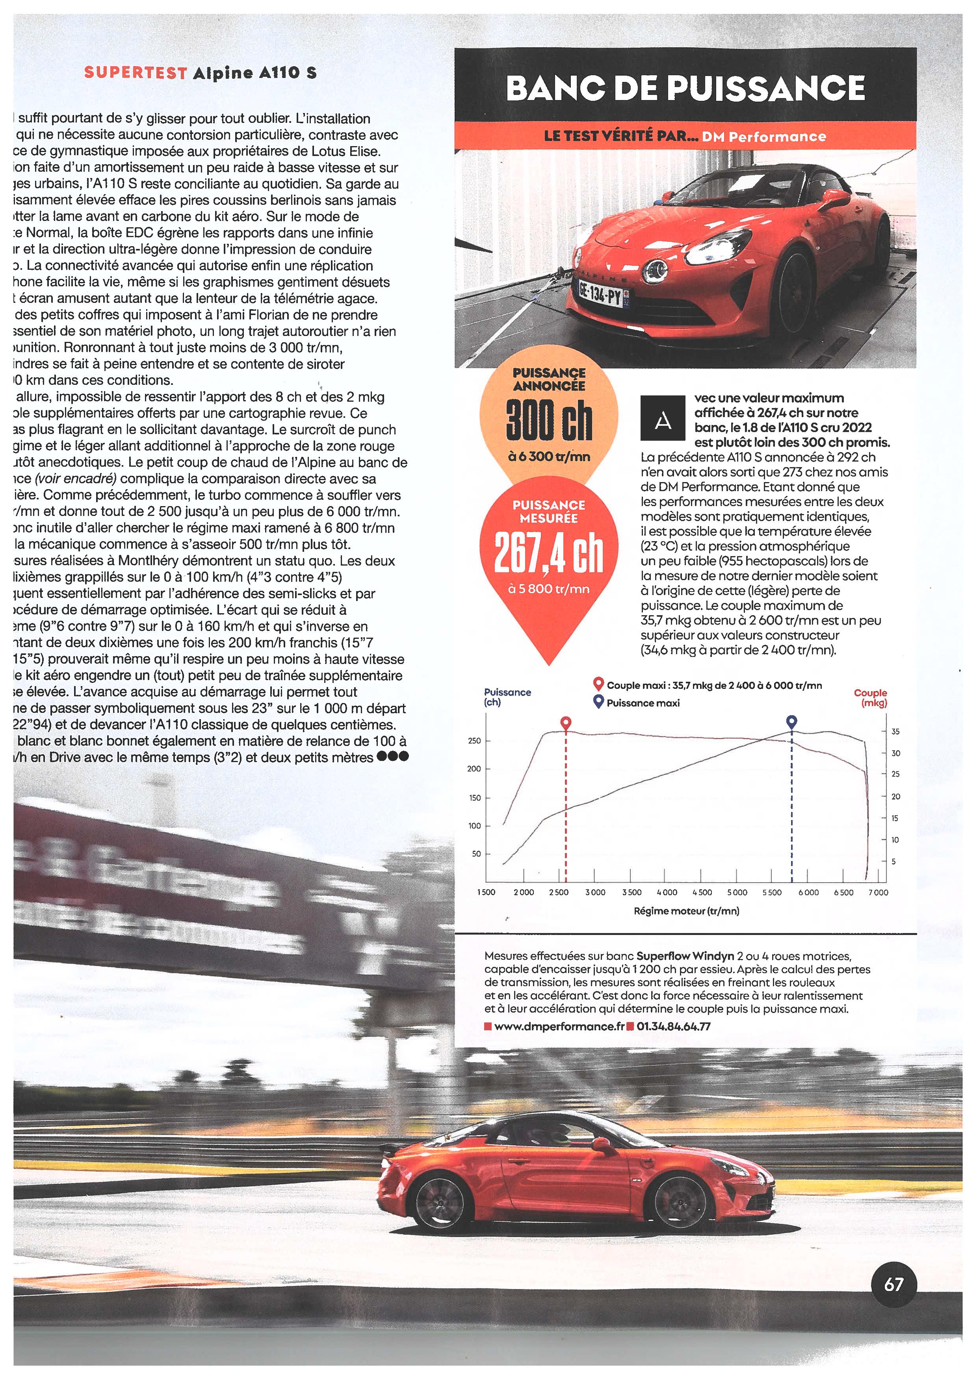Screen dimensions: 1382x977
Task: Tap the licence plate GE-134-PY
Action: [600, 294]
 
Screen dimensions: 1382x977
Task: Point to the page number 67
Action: [894, 1284]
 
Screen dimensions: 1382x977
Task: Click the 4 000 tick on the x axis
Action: [667, 892]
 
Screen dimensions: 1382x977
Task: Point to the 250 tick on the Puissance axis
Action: [474, 741]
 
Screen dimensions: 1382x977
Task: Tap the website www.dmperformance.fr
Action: [559, 1026]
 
